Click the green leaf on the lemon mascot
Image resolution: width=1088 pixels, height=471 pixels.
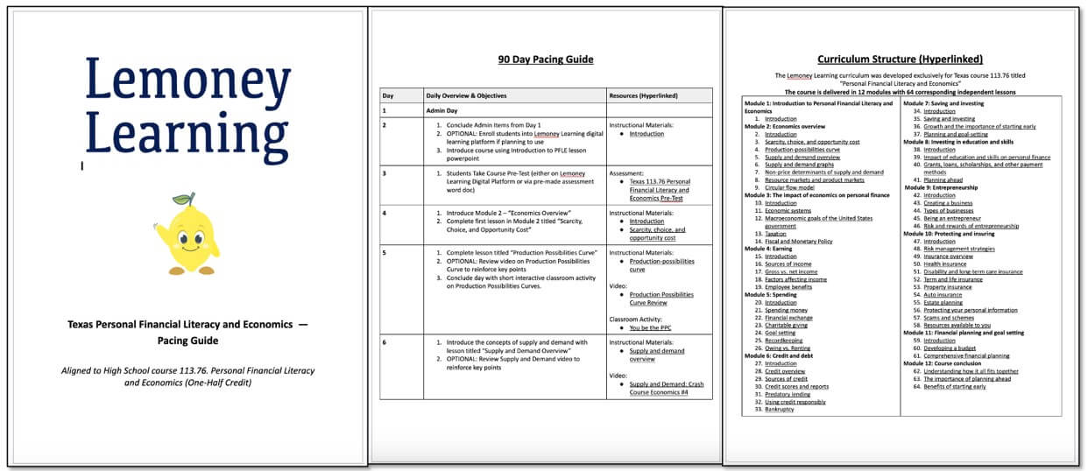pyautogui.click(x=184, y=199)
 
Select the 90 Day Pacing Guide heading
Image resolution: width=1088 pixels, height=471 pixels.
pyautogui.click(x=545, y=60)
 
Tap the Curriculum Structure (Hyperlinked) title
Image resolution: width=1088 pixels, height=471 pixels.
pyautogui.click(x=900, y=60)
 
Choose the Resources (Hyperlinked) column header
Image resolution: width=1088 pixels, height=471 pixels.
pyautogui.click(x=646, y=95)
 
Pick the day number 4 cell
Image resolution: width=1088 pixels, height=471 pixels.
pyautogui.click(x=385, y=212)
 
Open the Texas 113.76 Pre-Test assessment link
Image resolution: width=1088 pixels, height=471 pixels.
pyautogui.click(x=659, y=189)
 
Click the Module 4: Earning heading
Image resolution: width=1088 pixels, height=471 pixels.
pyautogui.click(x=770, y=248)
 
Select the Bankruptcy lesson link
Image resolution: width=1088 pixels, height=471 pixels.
pyautogui.click(x=780, y=409)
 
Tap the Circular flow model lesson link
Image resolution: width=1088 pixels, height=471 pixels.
pyautogui.click(x=789, y=186)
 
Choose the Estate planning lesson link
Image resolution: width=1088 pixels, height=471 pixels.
pyautogui.click(x=943, y=302)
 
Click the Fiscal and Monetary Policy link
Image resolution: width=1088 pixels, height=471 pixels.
pyautogui.click(x=798, y=241)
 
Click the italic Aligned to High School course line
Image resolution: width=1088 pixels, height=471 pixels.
pyautogui.click(x=187, y=376)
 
